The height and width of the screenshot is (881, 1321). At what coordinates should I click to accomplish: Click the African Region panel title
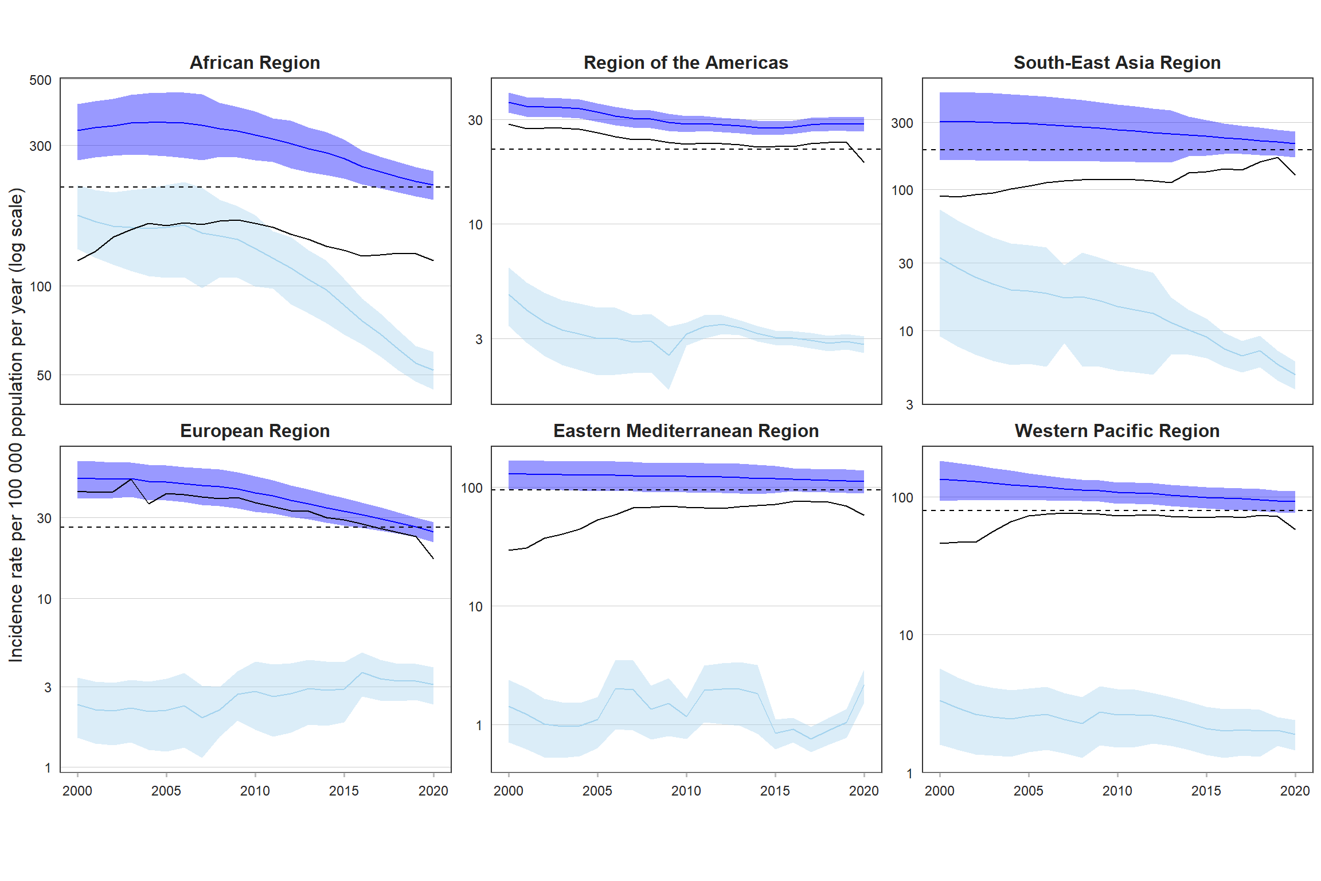(255, 63)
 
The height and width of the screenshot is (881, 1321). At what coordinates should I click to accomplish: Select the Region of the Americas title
(686, 63)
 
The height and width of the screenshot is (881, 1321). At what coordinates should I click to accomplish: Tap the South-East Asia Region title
(1117, 63)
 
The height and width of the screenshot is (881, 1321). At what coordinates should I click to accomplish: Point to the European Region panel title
(255, 431)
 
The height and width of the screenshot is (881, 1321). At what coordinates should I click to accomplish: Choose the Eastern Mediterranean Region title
(686, 431)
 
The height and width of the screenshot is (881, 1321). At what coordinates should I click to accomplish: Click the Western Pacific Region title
(1117, 431)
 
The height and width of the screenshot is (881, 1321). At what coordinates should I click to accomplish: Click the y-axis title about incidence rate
(16, 424)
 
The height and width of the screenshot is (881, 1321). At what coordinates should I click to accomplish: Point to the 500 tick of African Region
(40, 80)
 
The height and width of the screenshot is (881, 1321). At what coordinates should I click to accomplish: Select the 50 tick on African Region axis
(44, 376)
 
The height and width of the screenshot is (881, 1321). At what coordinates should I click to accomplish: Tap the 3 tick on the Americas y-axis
(479, 340)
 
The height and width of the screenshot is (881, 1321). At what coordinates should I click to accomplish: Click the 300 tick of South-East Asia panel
(902, 123)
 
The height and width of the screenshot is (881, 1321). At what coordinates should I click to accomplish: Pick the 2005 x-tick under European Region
(166, 791)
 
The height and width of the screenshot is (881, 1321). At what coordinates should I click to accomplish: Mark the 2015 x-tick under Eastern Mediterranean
(775, 791)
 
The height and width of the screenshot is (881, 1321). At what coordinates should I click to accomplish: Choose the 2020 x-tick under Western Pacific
(1295, 791)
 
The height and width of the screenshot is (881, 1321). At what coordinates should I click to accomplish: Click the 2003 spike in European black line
(131, 480)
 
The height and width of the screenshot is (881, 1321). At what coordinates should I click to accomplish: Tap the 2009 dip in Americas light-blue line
(669, 355)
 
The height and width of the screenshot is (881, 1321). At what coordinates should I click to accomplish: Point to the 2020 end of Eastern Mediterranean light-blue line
(863, 685)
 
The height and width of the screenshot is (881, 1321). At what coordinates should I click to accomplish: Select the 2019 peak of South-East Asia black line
(1277, 158)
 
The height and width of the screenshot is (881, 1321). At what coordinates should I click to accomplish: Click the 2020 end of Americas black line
(863, 162)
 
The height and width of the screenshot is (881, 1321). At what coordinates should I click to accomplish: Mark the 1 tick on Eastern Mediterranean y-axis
(479, 726)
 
